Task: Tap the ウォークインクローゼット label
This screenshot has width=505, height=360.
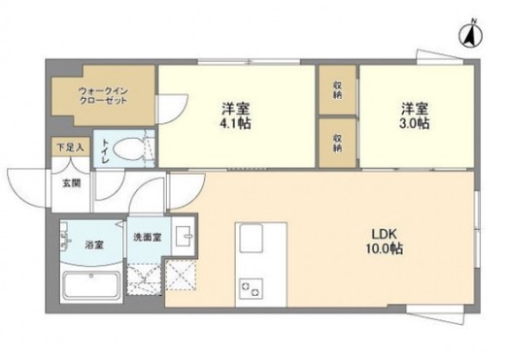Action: tap(104, 97)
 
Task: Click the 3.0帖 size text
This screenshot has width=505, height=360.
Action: tap(415, 123)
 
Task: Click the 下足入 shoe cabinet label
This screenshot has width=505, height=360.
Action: tap(67, 147)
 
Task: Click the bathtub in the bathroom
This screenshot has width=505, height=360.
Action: tap(89, 287)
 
